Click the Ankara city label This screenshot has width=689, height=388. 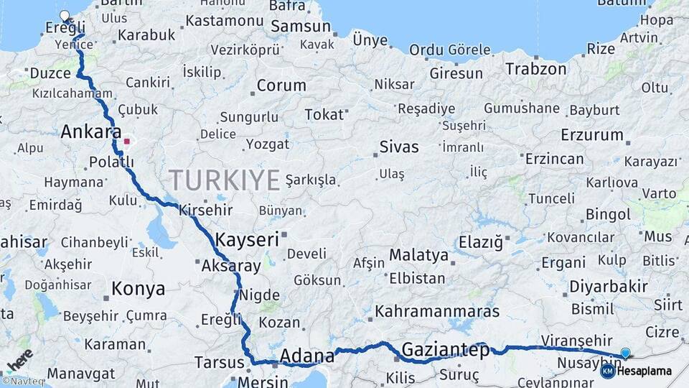[90, 132]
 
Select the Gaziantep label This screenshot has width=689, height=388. [445, 351]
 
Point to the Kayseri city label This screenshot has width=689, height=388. [247, 240]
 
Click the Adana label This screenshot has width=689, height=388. [307, 356]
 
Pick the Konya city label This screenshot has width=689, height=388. [139, 289]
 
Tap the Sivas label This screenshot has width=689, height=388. [399, 147]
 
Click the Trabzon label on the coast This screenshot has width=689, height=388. [535, 70]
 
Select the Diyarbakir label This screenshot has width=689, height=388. [609, 287]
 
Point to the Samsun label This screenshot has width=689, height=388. [301, 27]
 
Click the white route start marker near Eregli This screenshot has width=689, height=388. [65, 16]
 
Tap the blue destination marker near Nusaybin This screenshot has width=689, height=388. [625, 353]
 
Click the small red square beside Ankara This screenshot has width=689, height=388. [127, 142]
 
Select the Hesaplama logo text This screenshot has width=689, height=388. [644, 371]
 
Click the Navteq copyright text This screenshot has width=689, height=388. [23, 382]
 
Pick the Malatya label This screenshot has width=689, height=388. [418, 255]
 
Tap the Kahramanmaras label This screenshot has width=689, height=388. [437, 312]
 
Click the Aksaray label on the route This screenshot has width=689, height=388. [231, 266]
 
